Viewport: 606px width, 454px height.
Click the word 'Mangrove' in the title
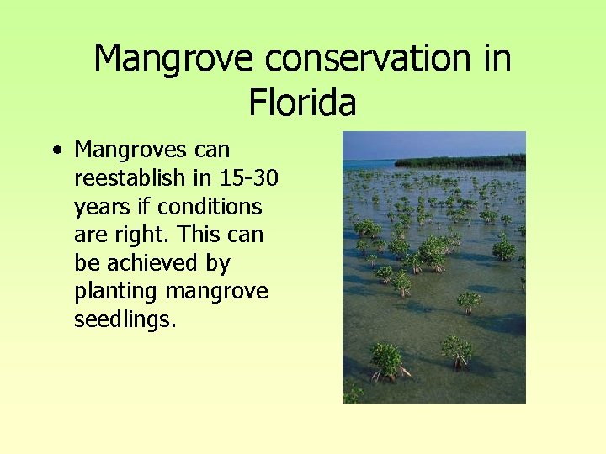click(174, 59)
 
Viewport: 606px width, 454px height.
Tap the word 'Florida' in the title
click(302, 103)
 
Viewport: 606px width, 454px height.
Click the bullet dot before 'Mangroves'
click(56, 151)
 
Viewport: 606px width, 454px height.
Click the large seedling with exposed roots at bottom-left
click(386, 361)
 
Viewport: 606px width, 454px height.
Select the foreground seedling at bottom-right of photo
click(457, 351)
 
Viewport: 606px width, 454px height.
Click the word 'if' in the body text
click(145, 207)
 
